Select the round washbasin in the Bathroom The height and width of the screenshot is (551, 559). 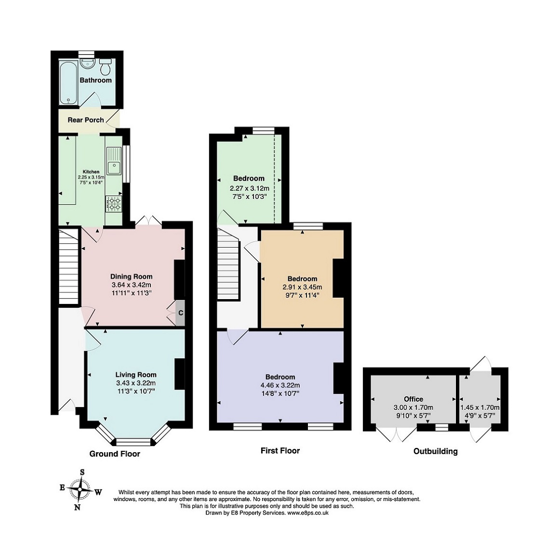[x=87, y=63]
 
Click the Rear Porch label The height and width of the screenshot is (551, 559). [x=86, y=120]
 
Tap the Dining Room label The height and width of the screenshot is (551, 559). [x=131, y=276]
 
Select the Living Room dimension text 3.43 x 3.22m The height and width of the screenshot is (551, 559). [x=136, y=383]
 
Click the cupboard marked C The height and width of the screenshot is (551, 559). [x=180, y=313]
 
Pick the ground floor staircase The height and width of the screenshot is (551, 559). [x=68, y=267]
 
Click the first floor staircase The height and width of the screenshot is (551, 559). [x=228, y=264]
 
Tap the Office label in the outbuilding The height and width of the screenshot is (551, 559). [x=413, y=399]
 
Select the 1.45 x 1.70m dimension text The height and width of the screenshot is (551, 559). [x=480, y=407]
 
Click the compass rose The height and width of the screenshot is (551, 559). [x=81, y=489]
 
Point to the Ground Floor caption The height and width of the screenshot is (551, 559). [x=115, y=454]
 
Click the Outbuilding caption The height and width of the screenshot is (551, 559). [x=435, y=451]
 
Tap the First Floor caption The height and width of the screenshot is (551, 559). [x=280, y=450]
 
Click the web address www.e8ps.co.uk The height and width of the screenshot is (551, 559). [x=307, y=513]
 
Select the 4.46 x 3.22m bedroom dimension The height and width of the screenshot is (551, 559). [x=280, y=385]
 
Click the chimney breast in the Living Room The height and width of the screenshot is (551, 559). [x=180, y=374]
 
